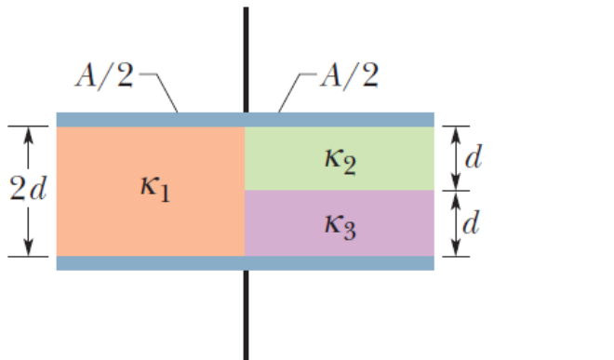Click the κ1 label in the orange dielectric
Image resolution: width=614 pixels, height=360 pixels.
pos(155,189)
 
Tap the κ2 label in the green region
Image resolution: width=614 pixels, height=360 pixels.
pos(340,162)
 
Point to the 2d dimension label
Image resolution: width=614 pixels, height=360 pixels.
pos(28,189)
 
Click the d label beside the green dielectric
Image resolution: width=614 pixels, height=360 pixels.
pos(474,157)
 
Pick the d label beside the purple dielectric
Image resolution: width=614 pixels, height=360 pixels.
pos(472,222)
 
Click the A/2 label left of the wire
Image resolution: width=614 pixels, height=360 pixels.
pos(104,75)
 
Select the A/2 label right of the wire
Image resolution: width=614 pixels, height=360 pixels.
pos(350,75)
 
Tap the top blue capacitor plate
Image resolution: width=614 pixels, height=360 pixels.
pos(246,119)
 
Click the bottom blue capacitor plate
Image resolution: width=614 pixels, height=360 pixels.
pos(246,263)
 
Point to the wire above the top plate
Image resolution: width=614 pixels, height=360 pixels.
pos(246,60)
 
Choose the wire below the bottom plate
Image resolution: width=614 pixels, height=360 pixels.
pos(246,315)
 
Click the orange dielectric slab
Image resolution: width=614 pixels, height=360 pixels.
pos(151,192)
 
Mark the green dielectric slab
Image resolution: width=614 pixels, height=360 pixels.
pos(340,158)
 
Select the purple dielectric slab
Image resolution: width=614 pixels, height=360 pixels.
pos(340,223)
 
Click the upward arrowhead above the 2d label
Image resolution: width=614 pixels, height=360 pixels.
pos(28,136)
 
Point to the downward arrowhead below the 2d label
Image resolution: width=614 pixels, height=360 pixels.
pos(28,247)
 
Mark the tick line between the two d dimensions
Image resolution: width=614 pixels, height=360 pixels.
pos(456,191)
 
